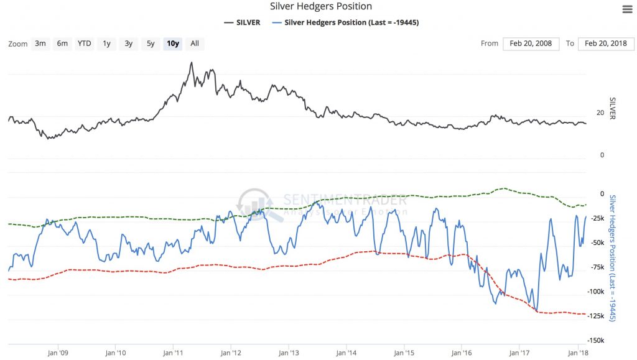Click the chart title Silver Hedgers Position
(x=321, y=7)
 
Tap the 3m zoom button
(x=40, y=44)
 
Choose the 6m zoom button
(x=62, y=44)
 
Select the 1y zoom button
(x=107, y=44)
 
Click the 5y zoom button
(x=151, y=44)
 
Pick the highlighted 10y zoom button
(x=172, y=44)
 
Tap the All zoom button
(x=195, y=44)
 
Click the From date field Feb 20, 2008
(x=530, y=44)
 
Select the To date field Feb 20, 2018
(x=606, y=44)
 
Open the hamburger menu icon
(x=627, y=9)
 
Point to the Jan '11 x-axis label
(x=174, y=353)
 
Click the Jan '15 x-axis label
(x=404, y=353)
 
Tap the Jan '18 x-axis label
(x=578, y=353)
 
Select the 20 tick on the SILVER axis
(x=600, y=113)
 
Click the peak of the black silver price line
(x=192, y=62)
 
